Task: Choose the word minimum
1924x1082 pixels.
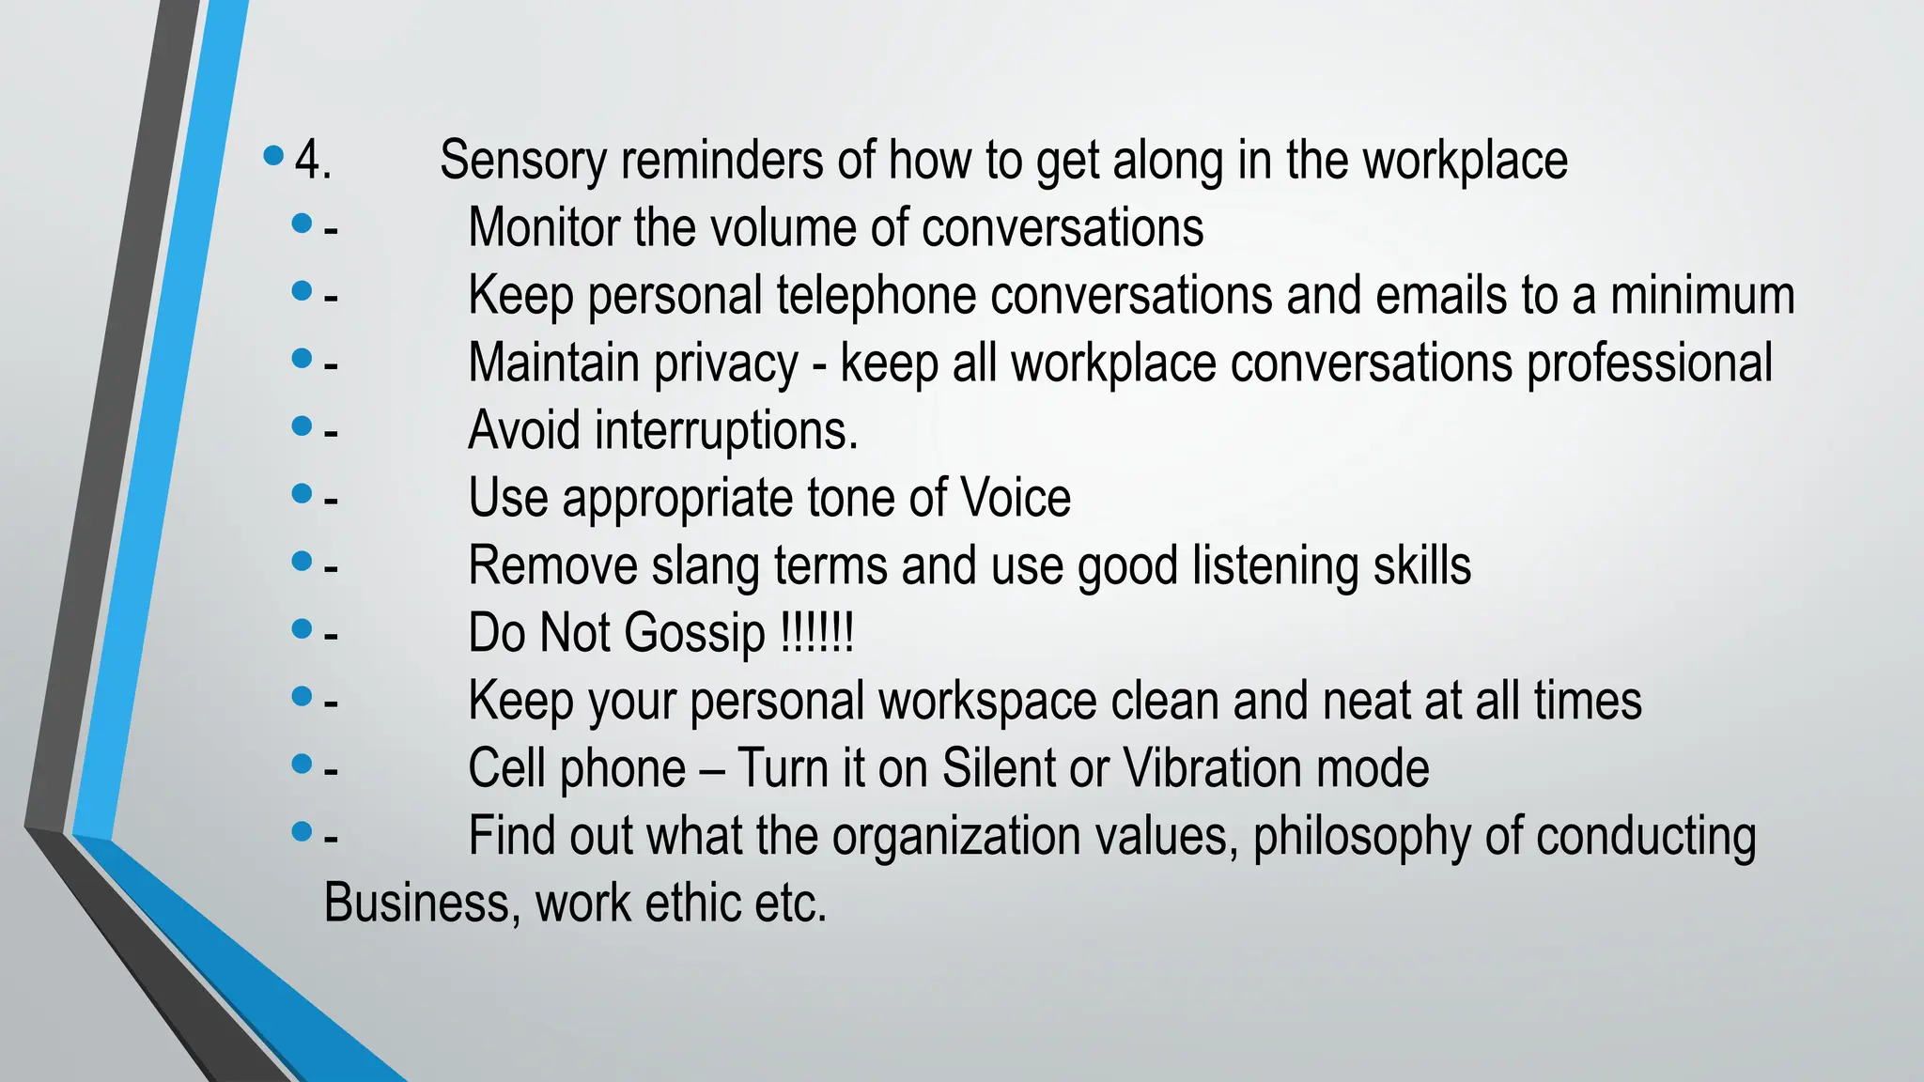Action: pyautogui.click(x=1702, y=296)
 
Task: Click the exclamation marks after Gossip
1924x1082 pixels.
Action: pyautogui.click(x=817, y=633)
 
